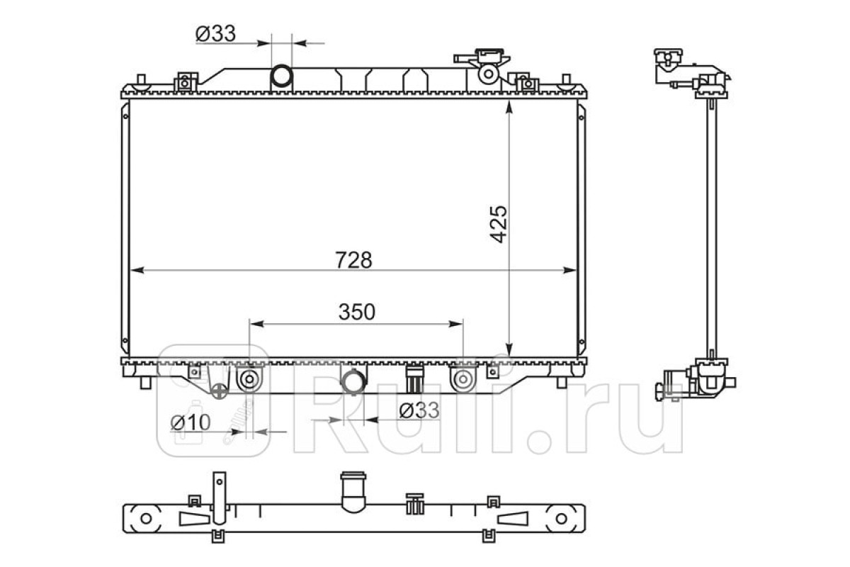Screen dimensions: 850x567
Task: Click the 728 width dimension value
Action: click(x=353, y=260)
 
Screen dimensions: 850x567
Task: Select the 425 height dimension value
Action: click(x=498, y=224)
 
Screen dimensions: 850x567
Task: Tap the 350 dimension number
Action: click(x=357, y=312)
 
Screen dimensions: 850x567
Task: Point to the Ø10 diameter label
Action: click(x=191, y=422)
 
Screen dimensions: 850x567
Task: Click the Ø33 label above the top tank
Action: click(x=215, y=33)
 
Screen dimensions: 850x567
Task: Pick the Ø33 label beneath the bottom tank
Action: click(x=419, y=410)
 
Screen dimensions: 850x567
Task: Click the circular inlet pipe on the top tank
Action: click(x=281, y=76)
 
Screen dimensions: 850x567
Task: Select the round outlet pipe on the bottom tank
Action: click(x=353, y=381)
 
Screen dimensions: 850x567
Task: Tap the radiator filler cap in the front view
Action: click(x=489, y=56)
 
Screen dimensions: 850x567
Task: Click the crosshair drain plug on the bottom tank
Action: click(x=220, y=391)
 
